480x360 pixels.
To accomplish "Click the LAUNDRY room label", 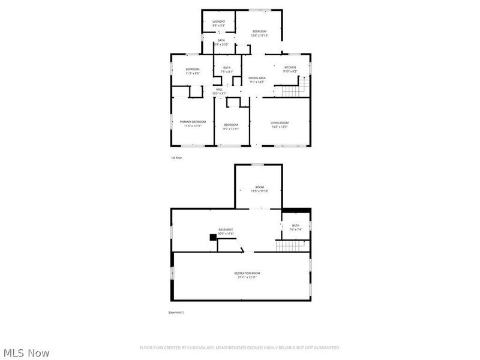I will click(x=218, y=22).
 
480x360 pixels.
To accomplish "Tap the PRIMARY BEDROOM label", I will click(x=193, y=122).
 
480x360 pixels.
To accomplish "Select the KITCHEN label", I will click(x=290, y=67).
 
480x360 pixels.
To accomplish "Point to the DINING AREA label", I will click(x=257, y=77).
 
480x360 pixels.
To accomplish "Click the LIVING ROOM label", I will click(x=280, y=123).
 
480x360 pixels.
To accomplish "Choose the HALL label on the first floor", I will click(x=219, y=89).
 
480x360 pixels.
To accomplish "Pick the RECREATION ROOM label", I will click(x=247, y=273).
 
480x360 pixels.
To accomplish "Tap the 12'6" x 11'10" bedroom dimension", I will click(x=259, y=35).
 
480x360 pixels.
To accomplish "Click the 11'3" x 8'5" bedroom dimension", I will click(x=192, y=73).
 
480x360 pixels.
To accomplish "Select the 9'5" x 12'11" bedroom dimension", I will click(x=231, y=128).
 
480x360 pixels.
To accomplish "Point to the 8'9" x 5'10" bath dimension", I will click(x=221, y=44).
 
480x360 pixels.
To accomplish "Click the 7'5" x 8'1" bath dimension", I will click(x=227, y=71).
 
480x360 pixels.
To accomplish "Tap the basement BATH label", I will click(x=295, y=226).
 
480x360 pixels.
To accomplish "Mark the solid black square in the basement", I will click(x=212, y=237).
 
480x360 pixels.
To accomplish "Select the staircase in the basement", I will click(x=290, y=246).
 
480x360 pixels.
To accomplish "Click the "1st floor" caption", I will click(x=176, y=158).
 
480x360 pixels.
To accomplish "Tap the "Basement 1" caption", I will click(x=176, y=313).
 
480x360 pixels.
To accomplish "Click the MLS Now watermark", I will click(x=26, y=353).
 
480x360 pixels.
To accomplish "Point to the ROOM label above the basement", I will click(x=259, y=187).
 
